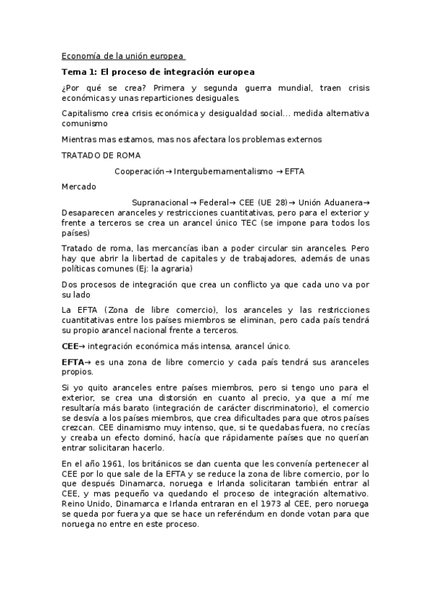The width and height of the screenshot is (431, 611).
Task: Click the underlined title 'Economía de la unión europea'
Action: pyautogui.click(x=123, y=55)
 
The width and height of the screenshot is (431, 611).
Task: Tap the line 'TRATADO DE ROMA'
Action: pyautogui.click(x=101, y=155)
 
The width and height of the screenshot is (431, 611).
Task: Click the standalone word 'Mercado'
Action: pyautogui.click(x=78, y=186)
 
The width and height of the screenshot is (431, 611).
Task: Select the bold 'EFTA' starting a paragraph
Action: pyautogui.click(x=73, y=362)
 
